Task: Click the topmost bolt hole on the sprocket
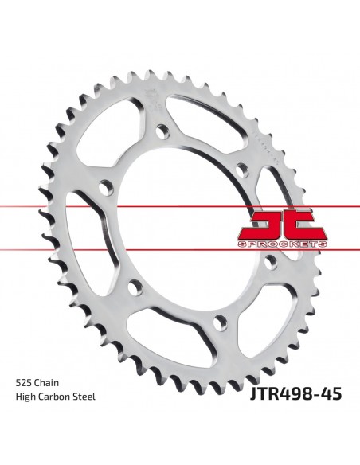pyautogui.click(x=164, y=130)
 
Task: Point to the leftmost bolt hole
pyautogui.click(x=104, y=189)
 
